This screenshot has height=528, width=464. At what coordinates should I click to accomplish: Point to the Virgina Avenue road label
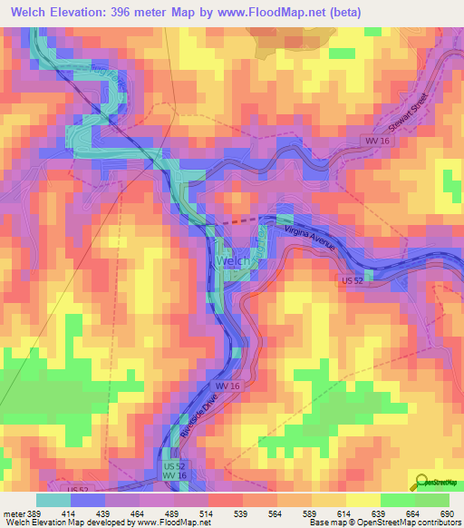click(x=310, y=239)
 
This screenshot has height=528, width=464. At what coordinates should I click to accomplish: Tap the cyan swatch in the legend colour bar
click(x=53, y=500)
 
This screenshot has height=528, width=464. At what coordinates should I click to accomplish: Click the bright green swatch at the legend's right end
click(x=431, y=500)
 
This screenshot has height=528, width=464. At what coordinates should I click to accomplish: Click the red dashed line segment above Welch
click(x=239, y=220)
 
